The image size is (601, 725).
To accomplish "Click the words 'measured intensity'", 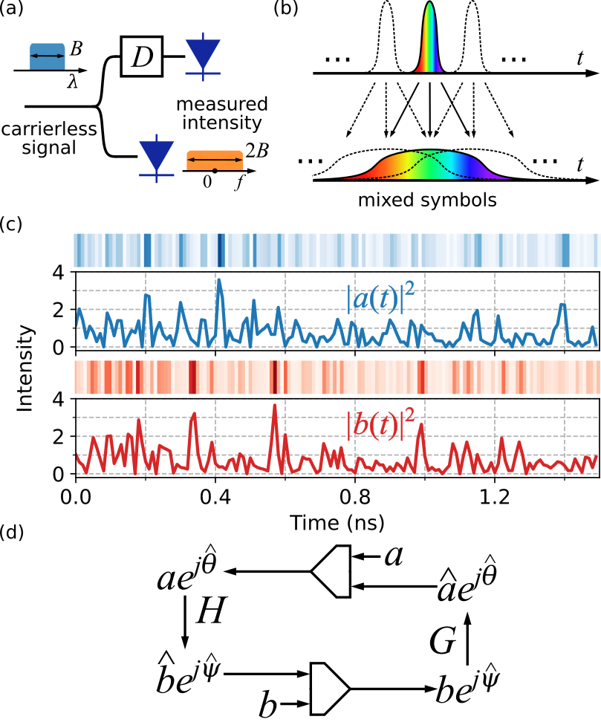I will [218, 109].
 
